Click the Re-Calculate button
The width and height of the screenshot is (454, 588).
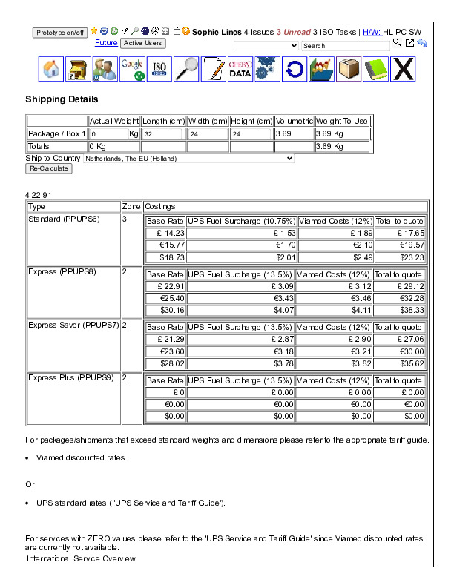49,168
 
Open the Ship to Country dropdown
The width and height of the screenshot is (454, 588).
188,158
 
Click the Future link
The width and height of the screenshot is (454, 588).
106,43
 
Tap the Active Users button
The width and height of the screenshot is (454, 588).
143,43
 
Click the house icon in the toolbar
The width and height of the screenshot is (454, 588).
51,69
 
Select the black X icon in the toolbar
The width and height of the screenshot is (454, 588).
403,69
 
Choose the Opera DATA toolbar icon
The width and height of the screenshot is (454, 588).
240,69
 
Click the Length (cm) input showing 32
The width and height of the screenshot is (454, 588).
162,134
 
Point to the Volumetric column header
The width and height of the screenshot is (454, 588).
294,121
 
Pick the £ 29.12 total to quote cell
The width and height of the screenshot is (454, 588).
400,286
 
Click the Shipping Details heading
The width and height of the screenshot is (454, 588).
62,99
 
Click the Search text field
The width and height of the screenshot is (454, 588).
345,46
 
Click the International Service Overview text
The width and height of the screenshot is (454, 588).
81,558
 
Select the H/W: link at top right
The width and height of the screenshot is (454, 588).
372,32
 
